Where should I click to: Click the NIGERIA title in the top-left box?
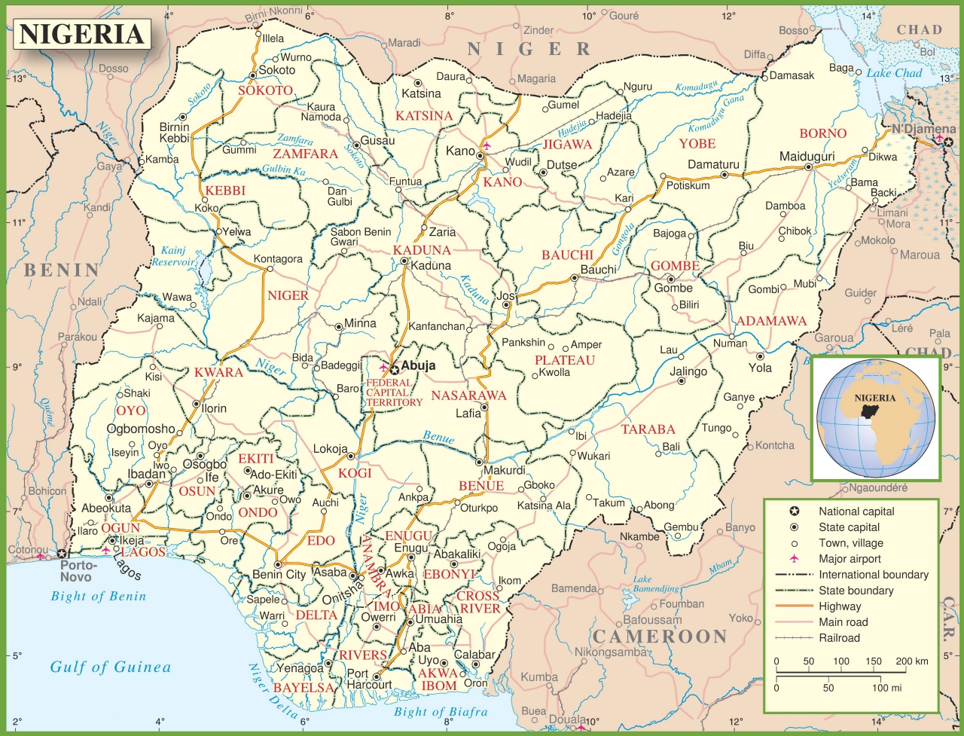point(81,35)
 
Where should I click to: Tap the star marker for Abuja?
point(394,370)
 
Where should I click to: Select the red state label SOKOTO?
point(265,90)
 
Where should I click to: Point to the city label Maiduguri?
point(807,157)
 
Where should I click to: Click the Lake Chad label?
point(894,73)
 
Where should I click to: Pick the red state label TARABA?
point(648,429)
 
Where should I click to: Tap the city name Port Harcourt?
point(369,679)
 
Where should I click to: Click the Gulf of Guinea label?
point(111,667)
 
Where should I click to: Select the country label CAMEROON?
point(660,637)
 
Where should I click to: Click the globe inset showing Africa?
point(876,418)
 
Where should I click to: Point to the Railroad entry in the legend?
point(839,638)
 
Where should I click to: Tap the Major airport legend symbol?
point(793,558)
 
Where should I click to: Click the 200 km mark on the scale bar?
point(911,661)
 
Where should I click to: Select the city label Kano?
point(460,151)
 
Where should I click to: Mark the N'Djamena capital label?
point(923,129)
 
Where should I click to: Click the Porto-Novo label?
point(78,571)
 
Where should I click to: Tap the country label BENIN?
point(62,270)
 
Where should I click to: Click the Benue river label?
point(438,437)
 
